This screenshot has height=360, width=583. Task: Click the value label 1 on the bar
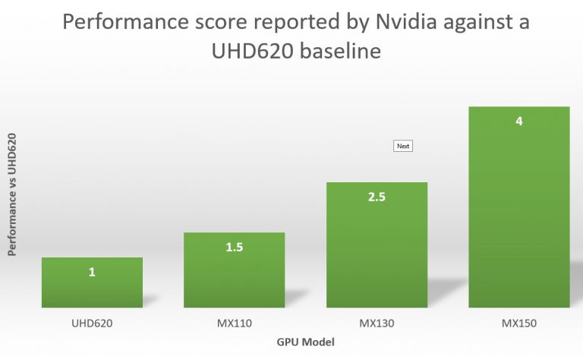coord(92,271)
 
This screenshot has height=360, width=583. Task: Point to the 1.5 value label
coord(234,247)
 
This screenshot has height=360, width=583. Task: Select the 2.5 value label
coord(377,197)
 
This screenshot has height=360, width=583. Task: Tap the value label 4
coord(519,121)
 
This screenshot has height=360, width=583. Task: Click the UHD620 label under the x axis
coord(92,324)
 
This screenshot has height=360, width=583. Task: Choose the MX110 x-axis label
coord(234,324)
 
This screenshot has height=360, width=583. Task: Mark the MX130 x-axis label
coord(377,324)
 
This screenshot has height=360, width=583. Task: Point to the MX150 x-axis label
coord(519,324)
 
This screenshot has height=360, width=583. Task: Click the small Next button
coord(402,146)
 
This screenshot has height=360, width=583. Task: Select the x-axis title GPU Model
coord(305,343)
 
